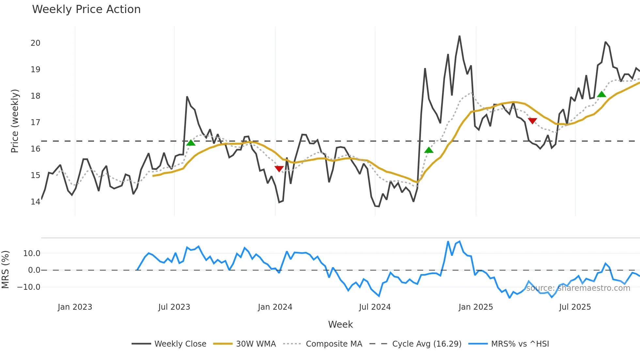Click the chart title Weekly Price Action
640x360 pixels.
pyautogui.click(x=86, y=9)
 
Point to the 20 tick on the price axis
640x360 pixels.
pyautogui.click(x=35, y=43)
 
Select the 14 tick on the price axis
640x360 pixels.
pyautogui.click(x=35, y=202)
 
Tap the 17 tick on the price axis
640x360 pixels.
pyautogui.click(x=35, y=122)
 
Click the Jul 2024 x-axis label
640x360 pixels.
pyautogui.click(x=375, y=307)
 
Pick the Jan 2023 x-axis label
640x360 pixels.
pyautogui.click(x=75, y=307)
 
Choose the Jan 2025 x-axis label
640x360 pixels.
pyautogui.click(x=475, y=307)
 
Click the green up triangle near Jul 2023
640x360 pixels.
pyautogui.click(x=191, y=143)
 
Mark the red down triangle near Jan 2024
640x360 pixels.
pyautogui.click(x=279, y=169)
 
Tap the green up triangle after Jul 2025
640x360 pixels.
pyautogui.click(x=601, y=94)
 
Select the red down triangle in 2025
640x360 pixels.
pyautogui.click(x=532, y=121)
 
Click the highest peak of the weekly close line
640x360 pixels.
pyautogui.click(x=459, y=36)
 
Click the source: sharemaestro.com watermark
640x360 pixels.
pyautogui.click(x=578, y=288)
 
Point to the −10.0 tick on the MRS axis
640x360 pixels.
pyautogui.click(x=29, y=287)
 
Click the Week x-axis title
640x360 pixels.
pyautogui.click(x=340, y=324)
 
